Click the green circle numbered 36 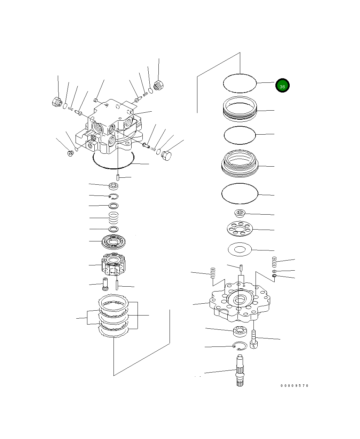pos(282,86)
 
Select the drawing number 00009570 pos(295,386)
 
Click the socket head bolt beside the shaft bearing pos(254,339)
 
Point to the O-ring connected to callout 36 pos(240,83)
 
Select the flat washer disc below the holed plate pos(240,249)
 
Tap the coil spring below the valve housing pos(114,218)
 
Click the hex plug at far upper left pos(56,102)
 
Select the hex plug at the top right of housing pos(158,85)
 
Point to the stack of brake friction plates pos(114,316)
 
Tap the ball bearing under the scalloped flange pos(240,332)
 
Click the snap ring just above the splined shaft pos(240,346)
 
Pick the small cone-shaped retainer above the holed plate pos(240,213)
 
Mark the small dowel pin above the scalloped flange pos(241,268)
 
